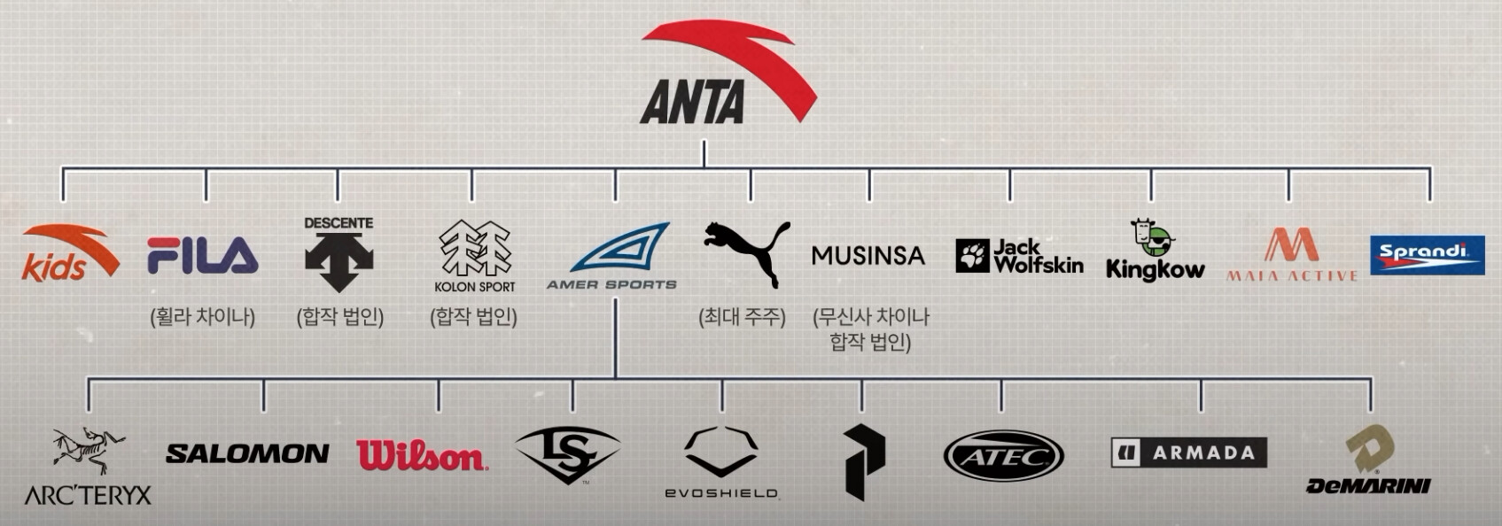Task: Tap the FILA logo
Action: point(203,255)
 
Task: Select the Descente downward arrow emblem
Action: point(339,262)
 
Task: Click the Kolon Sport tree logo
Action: point(475,249)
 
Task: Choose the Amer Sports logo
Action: point(612,256)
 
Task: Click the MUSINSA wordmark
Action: point(868,255)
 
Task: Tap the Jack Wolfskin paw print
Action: point(972,256)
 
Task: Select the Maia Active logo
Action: point(1292,255)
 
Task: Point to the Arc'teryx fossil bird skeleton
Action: point(89,451)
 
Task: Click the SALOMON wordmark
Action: point(247,453)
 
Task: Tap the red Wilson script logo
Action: point(423,455)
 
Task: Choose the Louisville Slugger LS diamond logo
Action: point(568,454)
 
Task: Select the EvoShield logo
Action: point(721,462)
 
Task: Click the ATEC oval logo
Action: point(1004,456)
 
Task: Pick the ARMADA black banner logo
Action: point(1189,453)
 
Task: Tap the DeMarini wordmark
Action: point(1368,486)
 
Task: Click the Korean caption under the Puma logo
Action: point(743,316)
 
